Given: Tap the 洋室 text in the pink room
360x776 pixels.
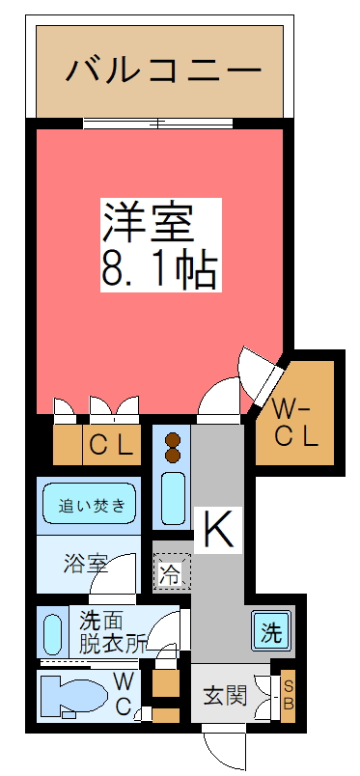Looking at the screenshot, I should coord(151,223).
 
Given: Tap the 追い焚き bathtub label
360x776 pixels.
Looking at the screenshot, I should coord(92,505).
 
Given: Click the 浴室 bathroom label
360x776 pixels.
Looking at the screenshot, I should coord(85,564).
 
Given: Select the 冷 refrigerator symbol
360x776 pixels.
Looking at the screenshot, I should coord(170,576).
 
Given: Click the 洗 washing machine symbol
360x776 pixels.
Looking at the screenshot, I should coord(272,634).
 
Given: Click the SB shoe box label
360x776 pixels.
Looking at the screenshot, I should coord(287,694).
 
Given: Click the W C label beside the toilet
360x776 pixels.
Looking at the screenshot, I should coord(125,693).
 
